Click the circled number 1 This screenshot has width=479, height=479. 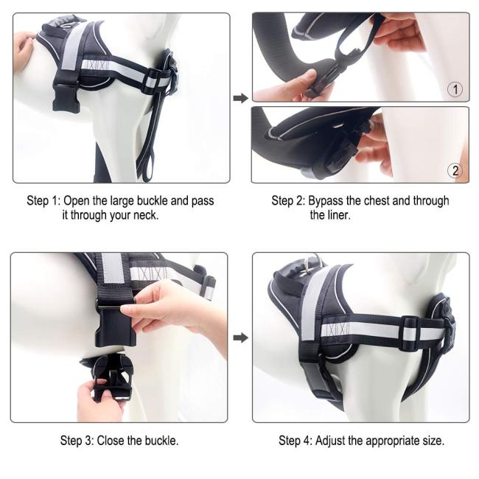coord(455,89)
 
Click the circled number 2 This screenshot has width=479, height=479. coord(455,171)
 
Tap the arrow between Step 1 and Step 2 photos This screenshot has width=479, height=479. coord(241,98)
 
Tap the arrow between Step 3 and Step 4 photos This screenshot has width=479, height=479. coord(241,338)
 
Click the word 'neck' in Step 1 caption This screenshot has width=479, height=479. coord(145,215)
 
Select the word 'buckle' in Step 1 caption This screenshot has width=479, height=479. coord(152,201)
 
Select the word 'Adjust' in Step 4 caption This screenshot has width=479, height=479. coord(330,441)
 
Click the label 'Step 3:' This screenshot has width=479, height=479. coord(77,441)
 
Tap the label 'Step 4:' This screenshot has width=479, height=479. coord(296,441)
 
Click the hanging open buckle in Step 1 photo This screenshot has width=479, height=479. coord(66,97)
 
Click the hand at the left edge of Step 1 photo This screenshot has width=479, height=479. coord(23,50)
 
